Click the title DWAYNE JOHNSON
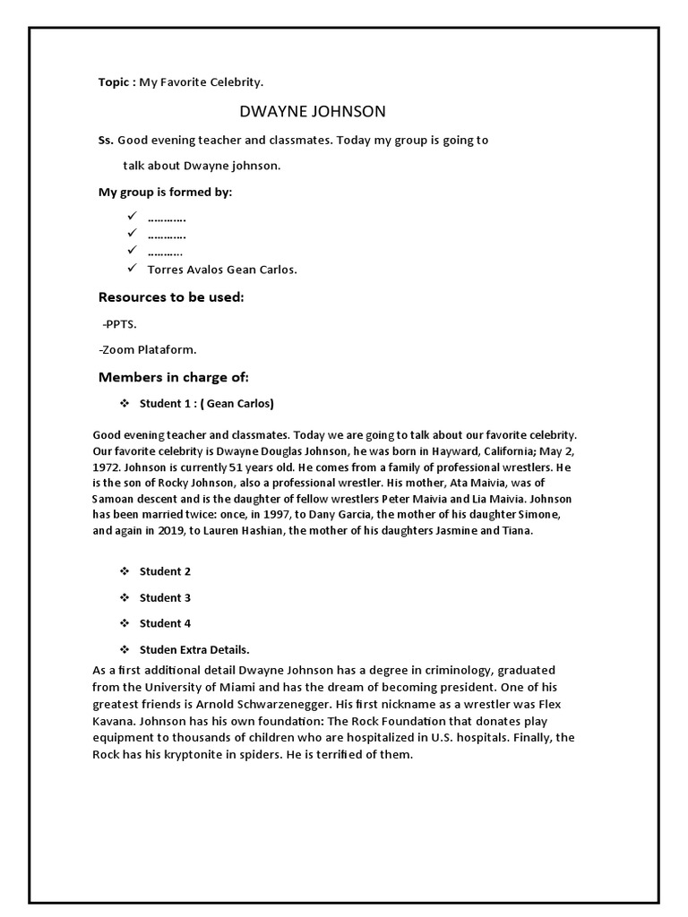(x=313, y=112)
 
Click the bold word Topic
(x=115, y=82)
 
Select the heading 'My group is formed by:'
(x=165, y=193)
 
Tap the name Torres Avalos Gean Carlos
(x=222, y=270)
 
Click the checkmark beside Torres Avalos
(x=131, y=269)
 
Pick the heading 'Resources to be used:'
(x=171, y=297)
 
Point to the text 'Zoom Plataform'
(x=149, y=349)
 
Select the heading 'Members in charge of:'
(x=174, y=377)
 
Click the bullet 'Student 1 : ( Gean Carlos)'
(x=206, y=403)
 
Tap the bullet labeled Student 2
(x=165, y=571)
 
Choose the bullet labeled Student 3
(x=165, y=597)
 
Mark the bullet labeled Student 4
(x=165, y=623)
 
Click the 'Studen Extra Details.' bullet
(x=193, y=649)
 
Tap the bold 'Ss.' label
(x=106, y=141)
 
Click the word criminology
(x=452, y=670)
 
